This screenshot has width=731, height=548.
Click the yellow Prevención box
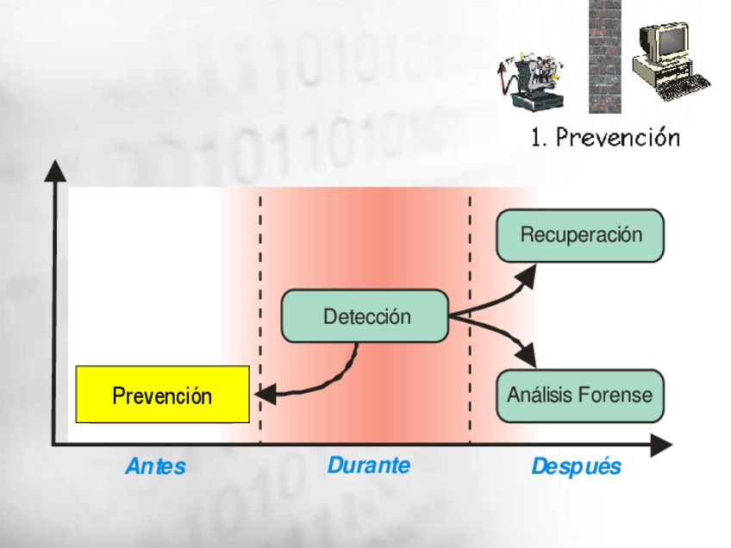pyautogui.click(x=162, y=395)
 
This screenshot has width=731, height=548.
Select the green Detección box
pyautogui.click(x=365, y=316)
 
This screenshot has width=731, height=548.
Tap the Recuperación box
pyautogui.click(x=580, y=234)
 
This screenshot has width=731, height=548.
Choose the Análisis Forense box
pyautogui.click(x=580, y=395)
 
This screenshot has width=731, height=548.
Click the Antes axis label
pyautogui.click(x=155, y=467)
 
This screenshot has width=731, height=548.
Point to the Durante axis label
pyautogui.click(x=368, y=465)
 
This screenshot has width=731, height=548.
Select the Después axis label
pyautogui.click(x=576, y=467)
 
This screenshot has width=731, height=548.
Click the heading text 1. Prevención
pyautogui.click(x=605, y=137)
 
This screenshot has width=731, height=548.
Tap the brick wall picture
pyautogui.click(x=604, y=57)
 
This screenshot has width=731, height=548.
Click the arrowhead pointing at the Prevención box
pyautogui.click(x=264, y=394)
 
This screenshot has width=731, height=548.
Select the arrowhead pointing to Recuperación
pyautogui.click(x=528, y=274)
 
